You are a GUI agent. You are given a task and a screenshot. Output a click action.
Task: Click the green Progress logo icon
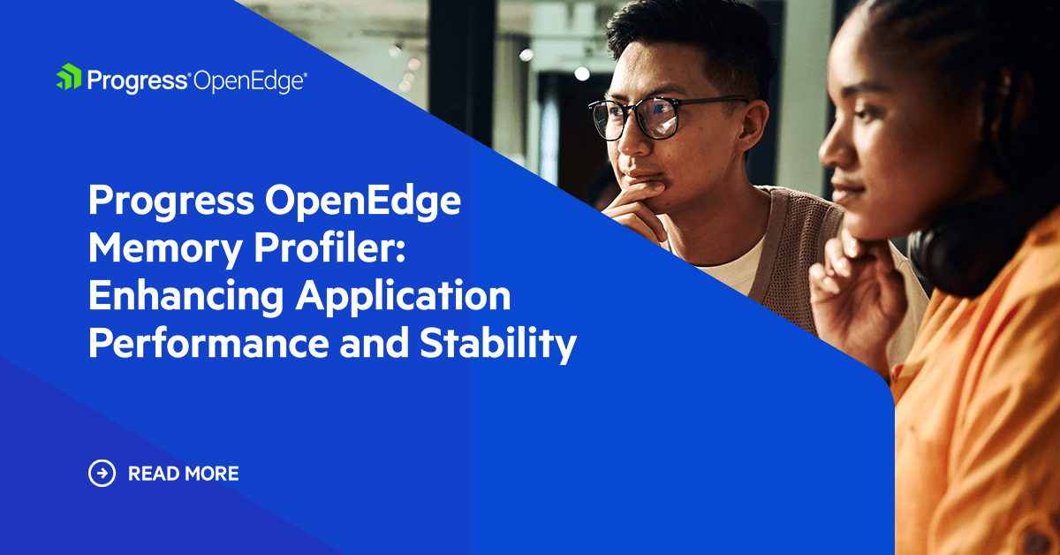coord(68,78)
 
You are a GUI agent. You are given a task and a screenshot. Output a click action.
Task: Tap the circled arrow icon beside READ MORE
coord(102,474)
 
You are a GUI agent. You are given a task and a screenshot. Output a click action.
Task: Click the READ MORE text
coord(184,474)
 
